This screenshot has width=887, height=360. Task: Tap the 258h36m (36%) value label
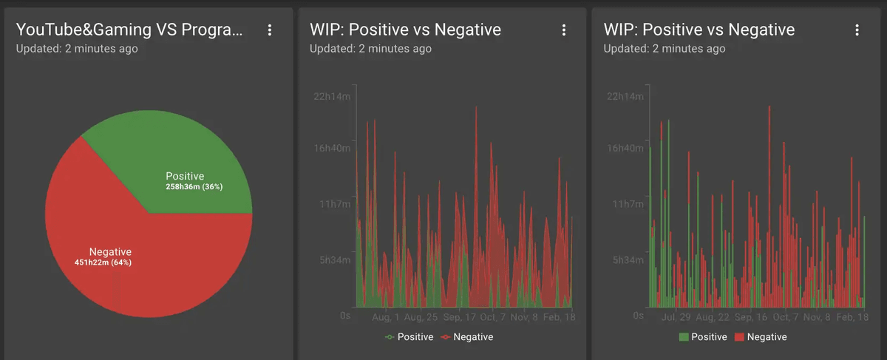[194, 187]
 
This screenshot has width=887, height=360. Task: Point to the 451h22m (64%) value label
[103, 262]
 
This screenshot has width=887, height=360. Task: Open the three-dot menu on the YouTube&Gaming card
[270, 30]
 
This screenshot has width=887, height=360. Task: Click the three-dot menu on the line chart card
[564, 30]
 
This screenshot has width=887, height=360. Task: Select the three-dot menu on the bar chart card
[857, 30]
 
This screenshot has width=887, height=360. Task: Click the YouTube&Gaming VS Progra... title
[129, 30]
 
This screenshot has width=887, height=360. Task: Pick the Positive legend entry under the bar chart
[703, 337]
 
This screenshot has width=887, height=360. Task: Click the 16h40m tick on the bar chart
[626, 149]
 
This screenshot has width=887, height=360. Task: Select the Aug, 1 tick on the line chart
[385, 317]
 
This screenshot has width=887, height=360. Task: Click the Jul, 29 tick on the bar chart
[676, 317]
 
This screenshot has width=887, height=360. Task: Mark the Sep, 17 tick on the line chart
[460, 317]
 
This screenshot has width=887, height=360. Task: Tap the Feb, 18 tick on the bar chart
[852, 317]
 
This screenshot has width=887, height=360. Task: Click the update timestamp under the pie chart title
[77, 49]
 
